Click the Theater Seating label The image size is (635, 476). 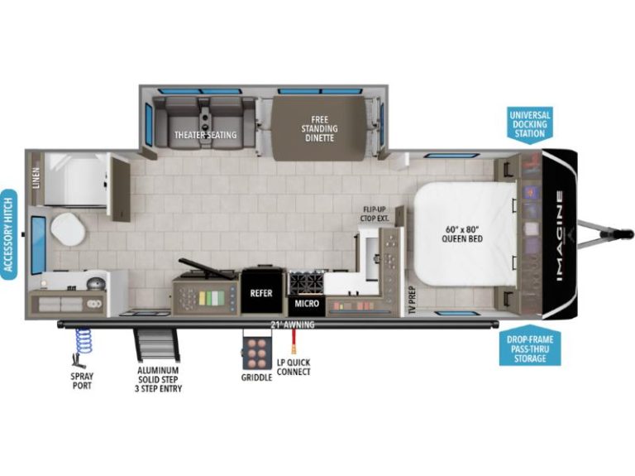click(x=205, y=135)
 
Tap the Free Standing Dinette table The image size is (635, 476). click(x=319, y=128)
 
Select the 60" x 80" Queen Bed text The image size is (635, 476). click(x=462, y=233)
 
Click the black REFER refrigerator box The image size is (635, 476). click(x=261, y=292)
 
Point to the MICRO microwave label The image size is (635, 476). click(x=307, y=303)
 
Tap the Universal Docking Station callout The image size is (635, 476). click(x=530, y=124)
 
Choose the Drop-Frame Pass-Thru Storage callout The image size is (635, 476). click(x=530, y=346)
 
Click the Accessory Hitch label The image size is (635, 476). click(x=8, y=235)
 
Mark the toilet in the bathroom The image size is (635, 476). click(x=68, y=229)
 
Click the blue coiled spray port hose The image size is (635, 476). click(x=83, y=341)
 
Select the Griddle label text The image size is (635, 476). click(x=257, y=377)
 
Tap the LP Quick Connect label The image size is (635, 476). click(x=294, y=367)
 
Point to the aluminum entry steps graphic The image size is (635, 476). click(x=157, y=344)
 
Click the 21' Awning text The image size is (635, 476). click(x=293, y=325)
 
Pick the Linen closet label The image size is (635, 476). click(x=36, y=178)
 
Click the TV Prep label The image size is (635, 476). click(x=412, y=301)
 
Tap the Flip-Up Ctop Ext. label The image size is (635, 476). click(x=375, y=214)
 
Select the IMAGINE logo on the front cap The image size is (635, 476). click(x=560, y=236)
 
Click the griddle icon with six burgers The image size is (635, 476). click(x=257, y=349)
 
